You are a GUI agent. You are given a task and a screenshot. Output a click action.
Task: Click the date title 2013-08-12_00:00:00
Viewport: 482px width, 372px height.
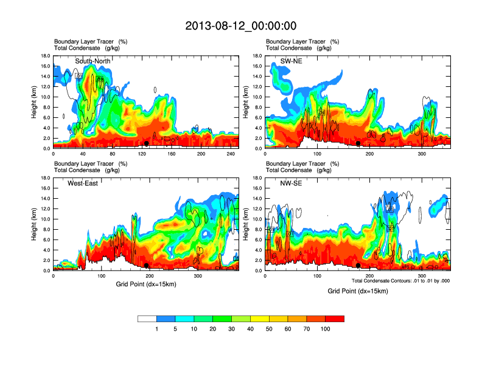click(240, 26)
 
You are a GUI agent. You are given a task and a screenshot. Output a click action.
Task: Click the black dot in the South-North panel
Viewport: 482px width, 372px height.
click(146, 143)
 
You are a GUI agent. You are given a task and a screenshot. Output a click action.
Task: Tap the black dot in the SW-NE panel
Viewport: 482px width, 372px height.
click(358, 143)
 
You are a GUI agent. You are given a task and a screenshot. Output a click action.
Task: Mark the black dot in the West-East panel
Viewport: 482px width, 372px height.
click(146, 265)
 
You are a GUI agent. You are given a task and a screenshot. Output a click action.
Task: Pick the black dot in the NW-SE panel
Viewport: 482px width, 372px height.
click(358, 265)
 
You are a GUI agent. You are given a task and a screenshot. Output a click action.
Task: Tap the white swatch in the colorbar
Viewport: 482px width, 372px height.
click(147, 319)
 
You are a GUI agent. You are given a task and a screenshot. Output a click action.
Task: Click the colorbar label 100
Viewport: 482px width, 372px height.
click(326, 329)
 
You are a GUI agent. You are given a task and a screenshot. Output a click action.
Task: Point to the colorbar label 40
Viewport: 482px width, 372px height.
click(251, 329)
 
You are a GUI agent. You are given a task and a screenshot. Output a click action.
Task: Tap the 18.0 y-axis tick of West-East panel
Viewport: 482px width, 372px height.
click(44, 178)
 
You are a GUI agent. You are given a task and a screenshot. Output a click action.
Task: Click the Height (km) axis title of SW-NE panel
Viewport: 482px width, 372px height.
click(246, 102)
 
